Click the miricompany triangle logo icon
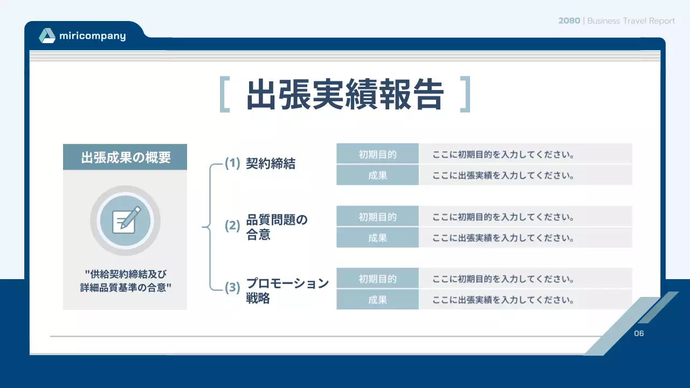pyautogui.click(x=47, y=36)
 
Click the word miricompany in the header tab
pyautogui.click(x=93, y=36)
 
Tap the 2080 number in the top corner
pyautogui.click(x=569, y=20)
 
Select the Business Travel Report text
pyautogui.click(x=631, y=20)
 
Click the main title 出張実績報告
pyautogui.click(x=345, y=95)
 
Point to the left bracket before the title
pyautogui.click(x=225, y=95)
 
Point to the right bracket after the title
pyautogui.click(x=465, y=95)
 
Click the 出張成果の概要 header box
pyautogui.click(x=125, y=157)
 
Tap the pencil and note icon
pyautogui.click(x=125, y=220)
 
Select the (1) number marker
pyautogui.click(x=232, y=163)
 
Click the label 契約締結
pyautogui.click(x=271, y=164)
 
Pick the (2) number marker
pyautogui.click(x=232, y=226)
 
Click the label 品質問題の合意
pyautogui.click(x=277, y=227)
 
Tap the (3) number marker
pyautogui.click(x=232, y=288)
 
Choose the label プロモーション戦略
pyautogui.click(x=287, y=290)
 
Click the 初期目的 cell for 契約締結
pyautogui.click(x=377, y=155)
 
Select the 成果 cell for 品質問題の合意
pyautogui.click(x=377, y=238)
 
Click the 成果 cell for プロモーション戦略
pyautogui.click(x=377, y=300)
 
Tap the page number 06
pyautogui.click(x=639, y=334)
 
